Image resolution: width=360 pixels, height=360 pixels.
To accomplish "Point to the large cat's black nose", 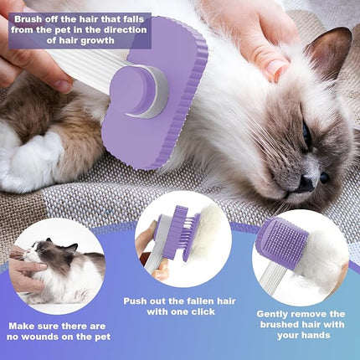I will [x=324, y=177].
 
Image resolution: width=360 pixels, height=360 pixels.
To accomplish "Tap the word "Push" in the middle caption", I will [x=136, y=299].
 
